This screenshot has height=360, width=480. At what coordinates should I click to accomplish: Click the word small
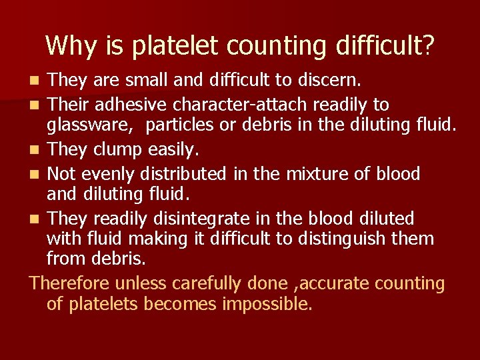pos(145,81)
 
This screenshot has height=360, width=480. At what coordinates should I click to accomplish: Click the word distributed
pos(187,174)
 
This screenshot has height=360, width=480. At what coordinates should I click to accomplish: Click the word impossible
pos(267,305)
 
